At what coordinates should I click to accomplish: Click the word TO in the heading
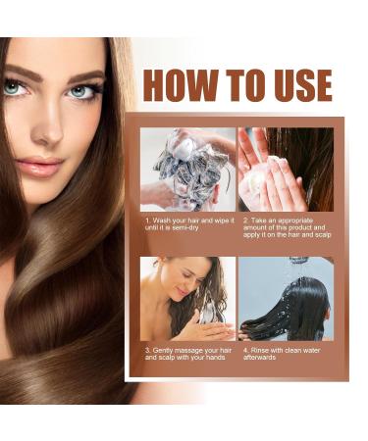click(241, 85)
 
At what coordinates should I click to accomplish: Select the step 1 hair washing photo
click(187, 169)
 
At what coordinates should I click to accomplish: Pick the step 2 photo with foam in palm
click(286, 169)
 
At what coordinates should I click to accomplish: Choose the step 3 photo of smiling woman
click(187, 298)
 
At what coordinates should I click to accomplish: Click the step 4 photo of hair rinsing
click(286, 298)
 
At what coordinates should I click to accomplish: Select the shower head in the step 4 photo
click(298, 262)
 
